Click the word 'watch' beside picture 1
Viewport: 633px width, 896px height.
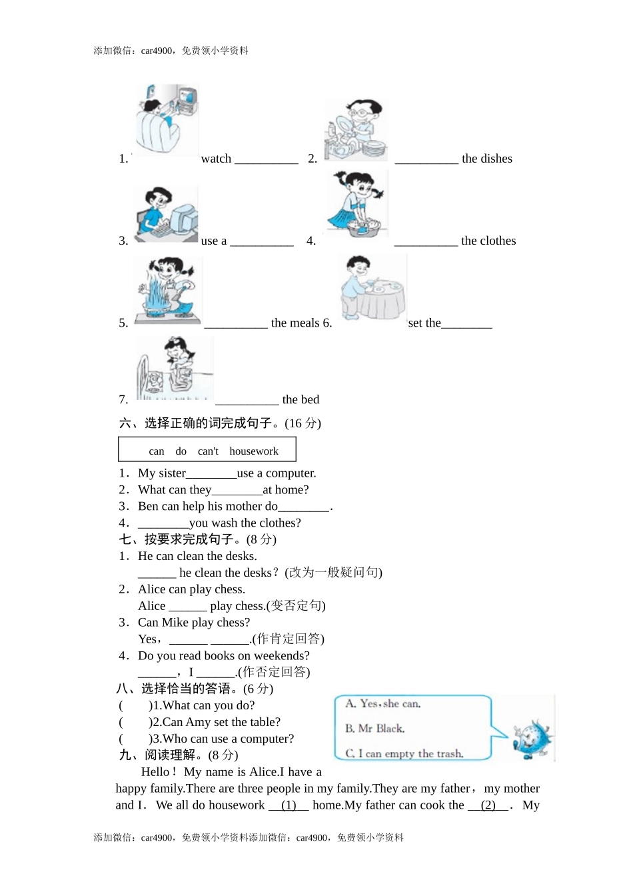[x=216, y=159]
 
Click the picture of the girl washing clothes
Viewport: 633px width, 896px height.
[x=357, y=203]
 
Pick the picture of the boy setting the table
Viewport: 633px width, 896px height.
[x=372, y=288]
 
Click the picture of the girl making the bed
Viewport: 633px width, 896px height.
[x=174, y=368]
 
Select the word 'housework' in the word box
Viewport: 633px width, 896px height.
[x=254, y=451]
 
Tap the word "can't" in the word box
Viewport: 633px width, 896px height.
[x=208, y=451]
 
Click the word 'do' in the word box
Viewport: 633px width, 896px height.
[x=181, y=451]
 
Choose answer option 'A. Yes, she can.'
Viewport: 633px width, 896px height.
[x=383, y=704]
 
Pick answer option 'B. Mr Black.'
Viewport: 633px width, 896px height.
[x=375, y=729]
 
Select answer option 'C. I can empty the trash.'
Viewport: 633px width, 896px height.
[x=404, y=753]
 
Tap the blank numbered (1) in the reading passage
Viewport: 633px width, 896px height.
[x=289, y=805]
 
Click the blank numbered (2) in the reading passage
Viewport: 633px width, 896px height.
[x=488, y=805]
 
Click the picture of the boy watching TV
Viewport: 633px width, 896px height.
[x=167, y=120]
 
